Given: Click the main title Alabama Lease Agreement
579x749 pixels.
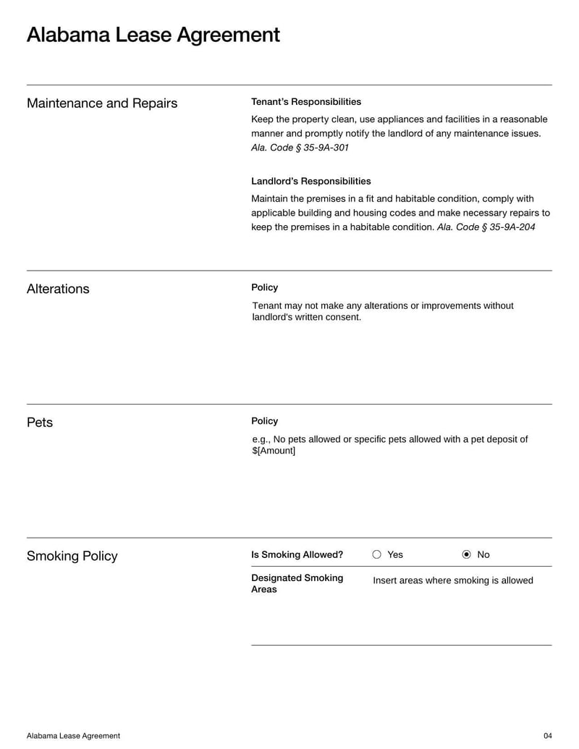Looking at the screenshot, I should click(153, 35).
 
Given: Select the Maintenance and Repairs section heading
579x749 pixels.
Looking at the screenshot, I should click(102, 103).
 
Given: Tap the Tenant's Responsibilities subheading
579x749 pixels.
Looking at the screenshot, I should click(306, 102).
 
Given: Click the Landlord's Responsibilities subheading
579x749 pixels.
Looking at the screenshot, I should click(311, 181).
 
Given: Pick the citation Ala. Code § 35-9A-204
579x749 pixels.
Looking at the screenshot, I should click(486, 227).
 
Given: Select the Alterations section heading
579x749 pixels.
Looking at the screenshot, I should click(58, 289).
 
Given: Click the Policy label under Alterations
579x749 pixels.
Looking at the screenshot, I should click(264, 287).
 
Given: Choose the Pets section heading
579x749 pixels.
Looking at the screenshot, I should click(40, 423).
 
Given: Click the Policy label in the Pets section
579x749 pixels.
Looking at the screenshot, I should click(264, 421).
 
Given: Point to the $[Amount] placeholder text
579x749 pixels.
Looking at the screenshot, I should click(274, 451).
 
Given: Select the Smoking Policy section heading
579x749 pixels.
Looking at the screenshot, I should click(72, 556).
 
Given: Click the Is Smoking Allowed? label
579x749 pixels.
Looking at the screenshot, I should click(297, 555).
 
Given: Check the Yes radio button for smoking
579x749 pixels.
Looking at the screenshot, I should click(376, 555).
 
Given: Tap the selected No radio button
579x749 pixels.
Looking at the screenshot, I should click(466, 555).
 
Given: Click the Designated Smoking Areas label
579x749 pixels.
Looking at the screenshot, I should click(297, 583).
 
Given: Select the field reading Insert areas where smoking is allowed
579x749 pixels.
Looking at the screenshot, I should click(452, 580).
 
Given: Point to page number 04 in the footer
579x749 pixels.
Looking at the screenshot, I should click(547, 736).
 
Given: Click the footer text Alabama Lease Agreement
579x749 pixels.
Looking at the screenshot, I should click(73, 736).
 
